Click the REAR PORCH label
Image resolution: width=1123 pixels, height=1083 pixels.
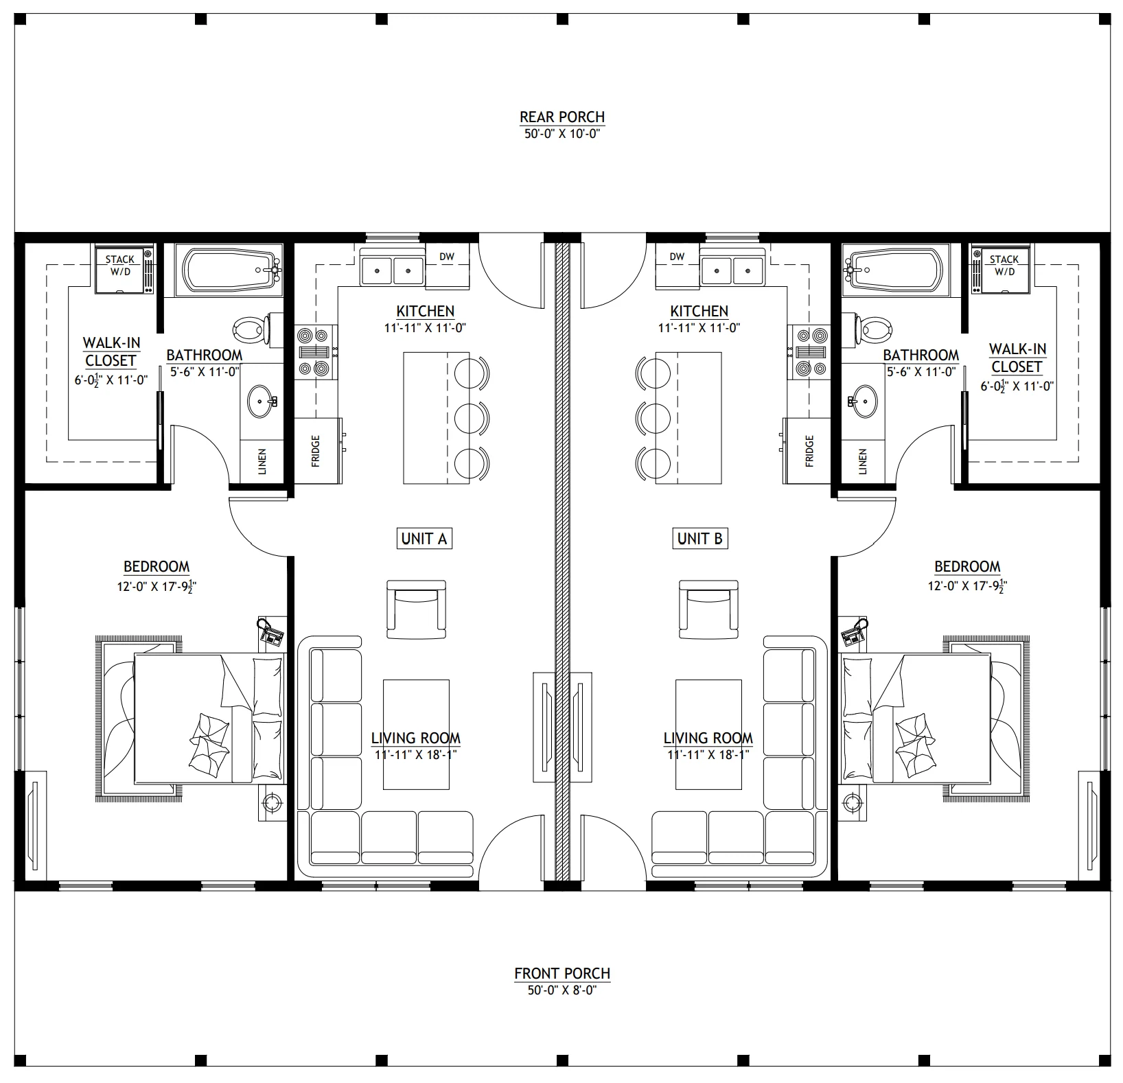(x=561, y=117)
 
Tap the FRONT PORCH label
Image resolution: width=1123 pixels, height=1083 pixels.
(x=561, y=973)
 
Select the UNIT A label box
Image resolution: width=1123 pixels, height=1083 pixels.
(x=424, y=539)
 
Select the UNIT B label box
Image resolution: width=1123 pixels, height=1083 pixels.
(x=699, y=539)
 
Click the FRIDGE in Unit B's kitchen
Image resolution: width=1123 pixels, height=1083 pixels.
(x=807, y=451)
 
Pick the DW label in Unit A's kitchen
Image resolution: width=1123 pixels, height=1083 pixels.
(x=447, y=257)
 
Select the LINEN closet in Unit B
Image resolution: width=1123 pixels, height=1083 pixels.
(x=862, y=462)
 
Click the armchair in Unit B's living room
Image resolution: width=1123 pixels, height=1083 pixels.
(x=708, y=609)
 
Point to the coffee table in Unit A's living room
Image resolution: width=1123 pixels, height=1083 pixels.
(x=416, y=734)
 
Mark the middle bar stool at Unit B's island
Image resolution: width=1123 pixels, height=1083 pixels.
(x=653, y=417)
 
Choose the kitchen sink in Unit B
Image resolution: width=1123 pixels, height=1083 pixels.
(x=732, y=270)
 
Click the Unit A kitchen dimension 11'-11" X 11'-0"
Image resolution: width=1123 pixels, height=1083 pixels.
(x=425, y=328)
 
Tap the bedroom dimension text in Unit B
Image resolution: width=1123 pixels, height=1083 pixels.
(x=967, y=586)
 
